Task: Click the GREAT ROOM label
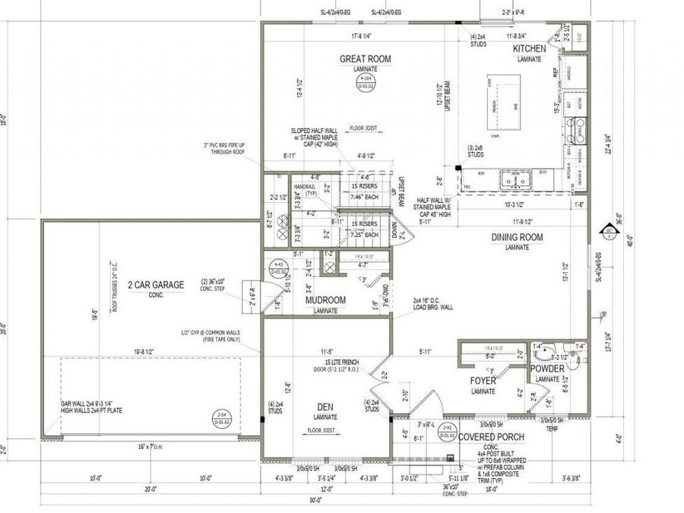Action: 365,59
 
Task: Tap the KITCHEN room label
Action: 529,49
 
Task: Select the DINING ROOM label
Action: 517,238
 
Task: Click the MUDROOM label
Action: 325,300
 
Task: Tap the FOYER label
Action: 483,381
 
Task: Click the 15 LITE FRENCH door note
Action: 340,363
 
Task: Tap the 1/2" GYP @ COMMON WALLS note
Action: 196,335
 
